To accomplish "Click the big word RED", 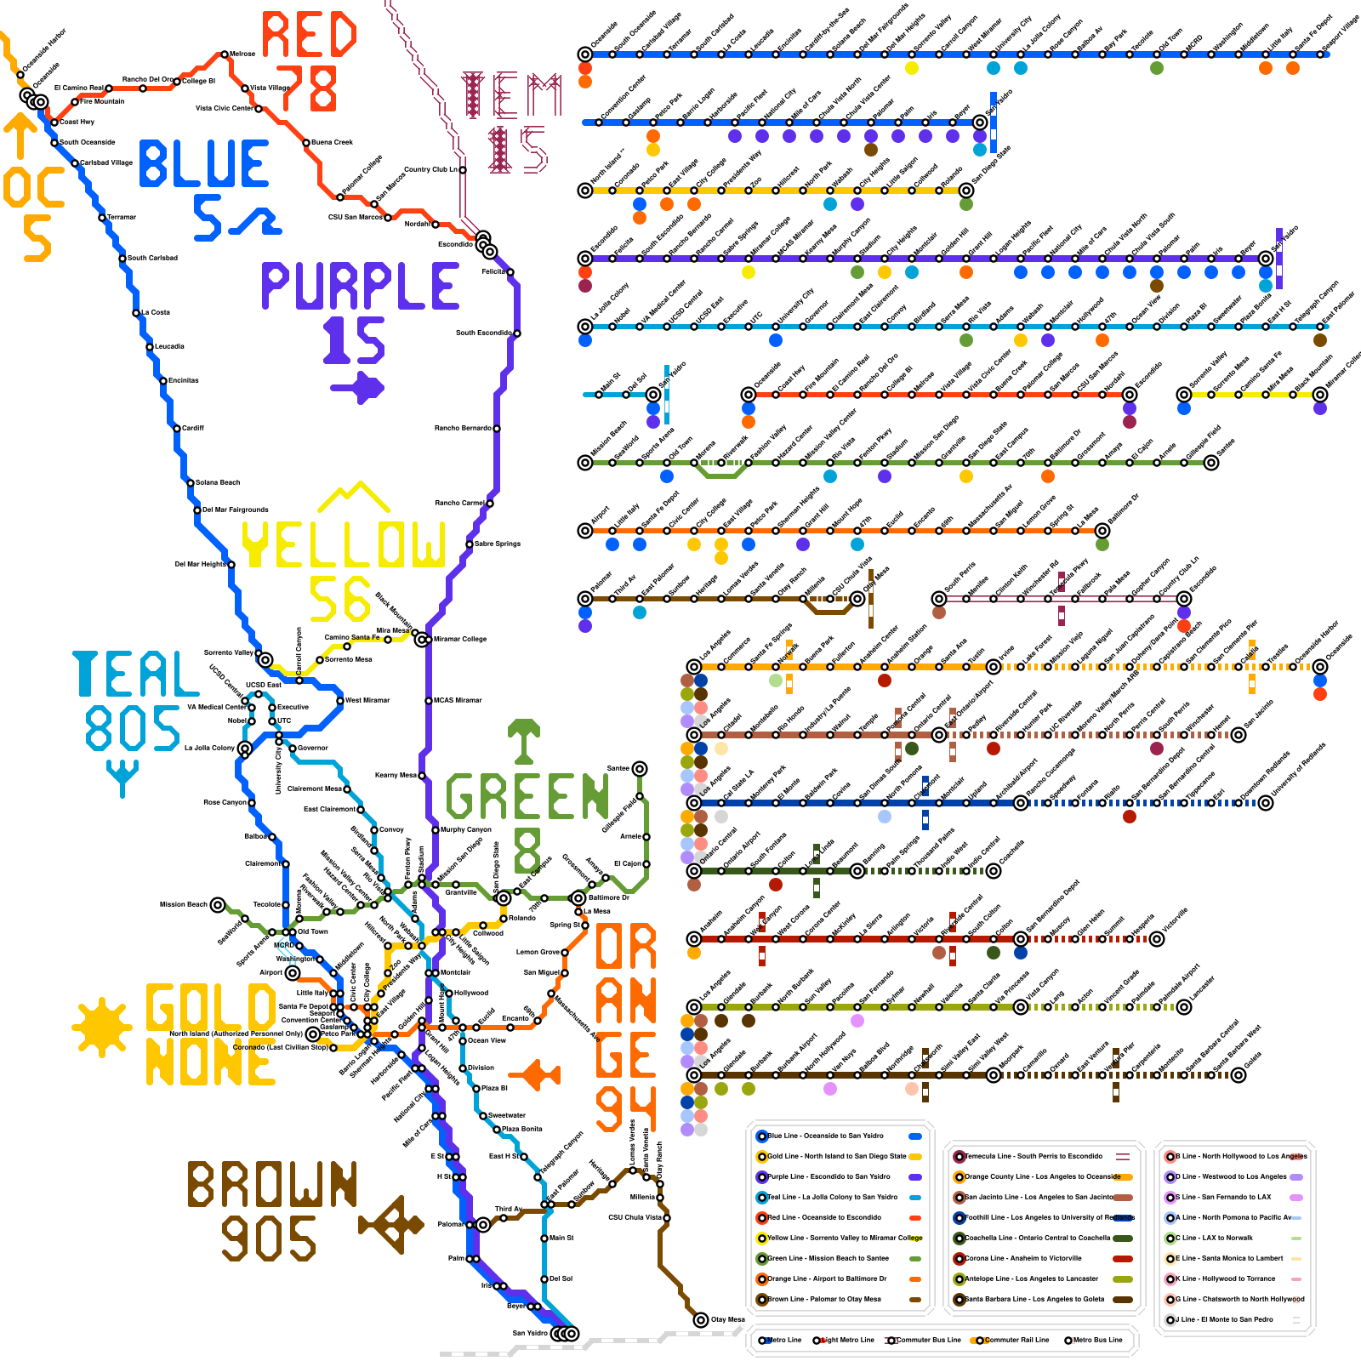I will (x=309, y=35).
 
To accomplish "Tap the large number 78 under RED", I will (x=307, y=88).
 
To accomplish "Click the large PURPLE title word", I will (x=360, y=286).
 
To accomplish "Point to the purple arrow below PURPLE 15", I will (x=358, y=388).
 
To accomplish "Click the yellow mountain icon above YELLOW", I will (x=353, y=497).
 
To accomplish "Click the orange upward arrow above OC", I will (x=20, y=136).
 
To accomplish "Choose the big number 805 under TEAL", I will (x=132, y=728).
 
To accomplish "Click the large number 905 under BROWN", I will (x=269, y=1239).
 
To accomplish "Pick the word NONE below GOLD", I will (x=210, y=1063).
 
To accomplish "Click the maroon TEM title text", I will (x=511, y=95).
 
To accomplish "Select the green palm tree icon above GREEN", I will (x=524, y=740).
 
